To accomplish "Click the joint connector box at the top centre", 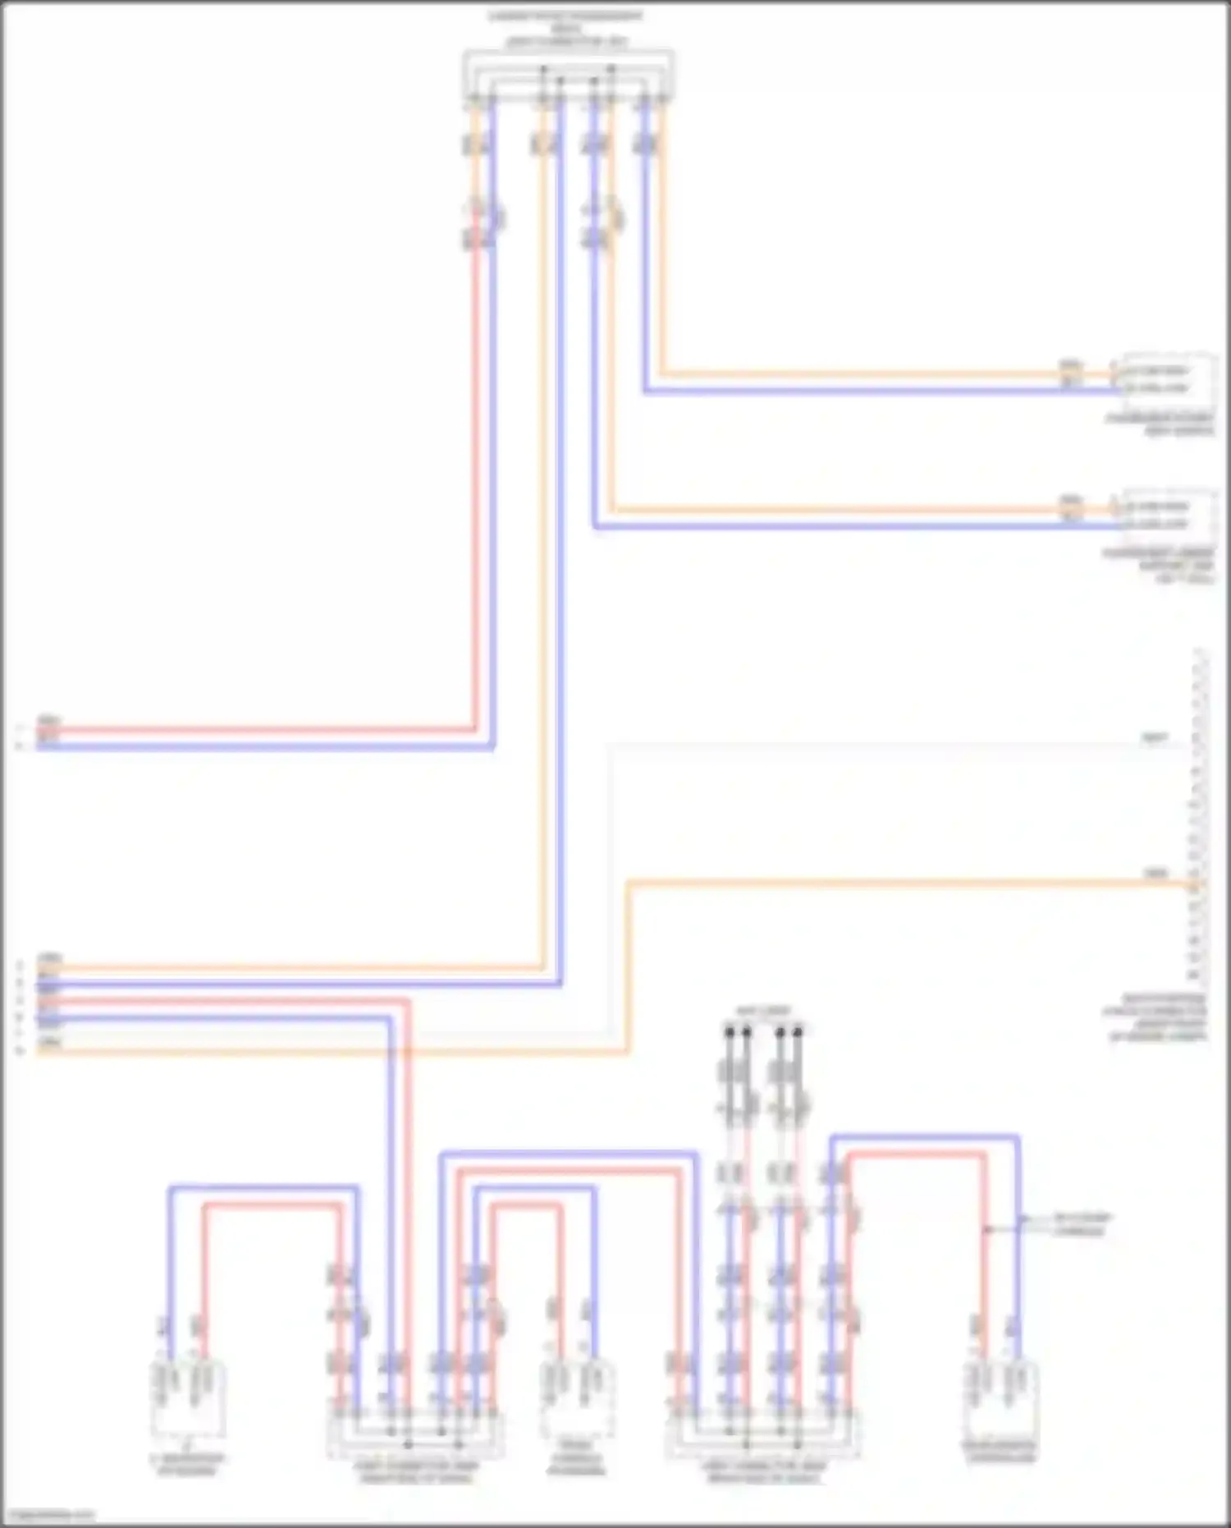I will (x=568, y=76).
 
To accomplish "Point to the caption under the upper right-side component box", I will (x=1160, y=425).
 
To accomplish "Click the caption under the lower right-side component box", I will (x=1158, y=566).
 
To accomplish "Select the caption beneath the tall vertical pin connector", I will (x=1155, y=1018).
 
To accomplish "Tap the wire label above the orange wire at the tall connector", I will (x=1155, y=874).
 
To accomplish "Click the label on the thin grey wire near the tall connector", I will (x=1154, y=739).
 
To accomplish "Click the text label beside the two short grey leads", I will (x=1082, y=1224).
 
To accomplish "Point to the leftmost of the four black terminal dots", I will (x=729, y=1031).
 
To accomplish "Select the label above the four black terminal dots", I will (x=763, y=1011).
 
